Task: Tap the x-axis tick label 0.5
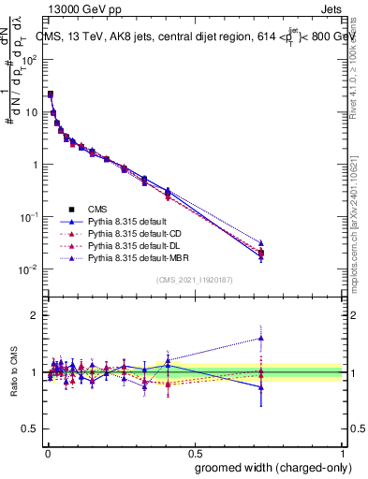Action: pyautogui.click(x=196, y=452)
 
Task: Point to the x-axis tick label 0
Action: pyautogui.click(x=48, y=452)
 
